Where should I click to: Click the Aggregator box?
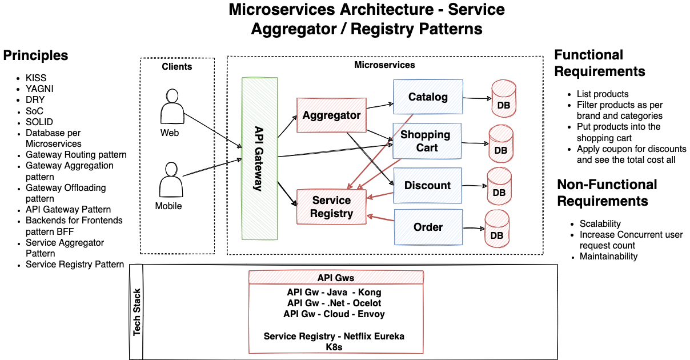click(331, 115)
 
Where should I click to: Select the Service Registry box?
click(331, 207)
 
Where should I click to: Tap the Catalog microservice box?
click(428, 97)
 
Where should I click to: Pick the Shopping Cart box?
click(426, 141)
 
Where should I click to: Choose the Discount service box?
click(427, 186)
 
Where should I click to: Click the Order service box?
click(428, 227)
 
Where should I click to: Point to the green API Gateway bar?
click(259, 158)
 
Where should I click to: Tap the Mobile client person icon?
click(170, 180)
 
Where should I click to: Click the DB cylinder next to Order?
click(497, 227)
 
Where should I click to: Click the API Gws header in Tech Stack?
click(336, 278)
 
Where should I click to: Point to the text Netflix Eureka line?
click(334, 336)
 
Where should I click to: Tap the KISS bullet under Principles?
click(36, 78)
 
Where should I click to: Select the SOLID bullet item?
click(39, 122)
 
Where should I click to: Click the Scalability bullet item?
click(600, 223)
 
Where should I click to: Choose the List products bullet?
click(602, 94)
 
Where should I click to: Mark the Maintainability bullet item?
click(608, 257)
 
